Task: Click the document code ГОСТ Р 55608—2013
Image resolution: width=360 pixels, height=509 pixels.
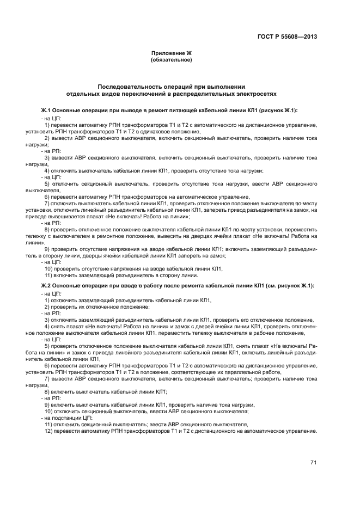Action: coord(287,37)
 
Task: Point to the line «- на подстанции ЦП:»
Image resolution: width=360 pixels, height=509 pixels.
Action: coord(66,418)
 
